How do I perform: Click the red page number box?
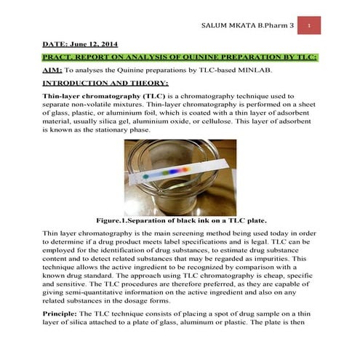(x=309, y=25)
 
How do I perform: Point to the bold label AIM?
(x=52, y=71)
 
